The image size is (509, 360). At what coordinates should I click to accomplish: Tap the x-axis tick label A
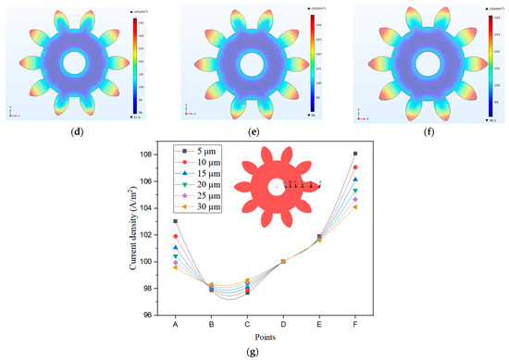click(176, 324)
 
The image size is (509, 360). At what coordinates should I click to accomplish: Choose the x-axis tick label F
click(355, 324)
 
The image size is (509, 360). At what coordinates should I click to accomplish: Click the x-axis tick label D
click(283, 324)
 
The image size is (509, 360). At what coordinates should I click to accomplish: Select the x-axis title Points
click(266, 336)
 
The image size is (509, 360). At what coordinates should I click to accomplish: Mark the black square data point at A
click(176, 221)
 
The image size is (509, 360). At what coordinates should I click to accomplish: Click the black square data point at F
click(355, 154)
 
